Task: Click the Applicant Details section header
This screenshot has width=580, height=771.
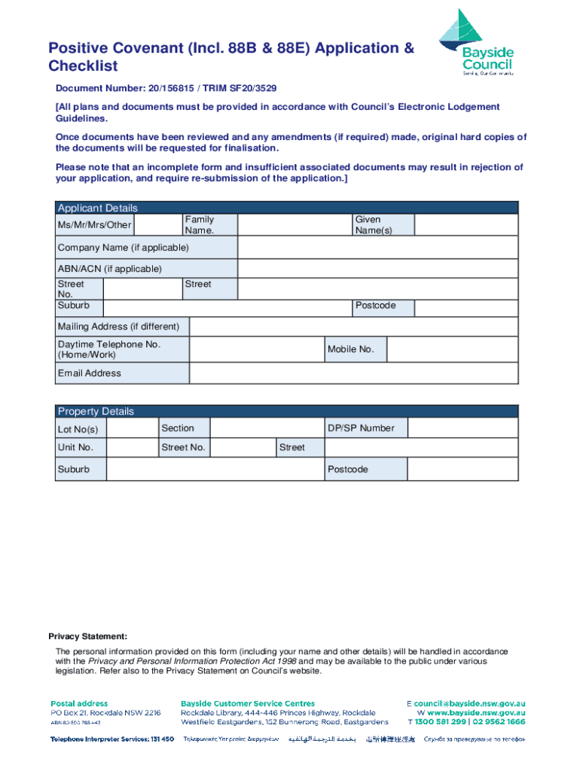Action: [x=98, y=208]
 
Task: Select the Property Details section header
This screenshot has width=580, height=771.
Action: [x=96, y=411]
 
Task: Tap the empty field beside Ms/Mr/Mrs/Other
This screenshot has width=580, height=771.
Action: [x=158, y=224]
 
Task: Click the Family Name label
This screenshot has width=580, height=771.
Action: [x=200, y=224]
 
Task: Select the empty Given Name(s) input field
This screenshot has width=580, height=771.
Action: [x=466, y=224]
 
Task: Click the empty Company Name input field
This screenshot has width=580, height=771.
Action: [x=377, y=248]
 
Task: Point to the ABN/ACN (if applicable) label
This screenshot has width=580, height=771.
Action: [x=110, y=269]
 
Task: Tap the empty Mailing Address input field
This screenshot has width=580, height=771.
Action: [x=353, y=327]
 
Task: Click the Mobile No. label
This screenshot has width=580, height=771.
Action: [x=350, y=349]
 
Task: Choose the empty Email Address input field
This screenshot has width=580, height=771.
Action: [x=353, y=373]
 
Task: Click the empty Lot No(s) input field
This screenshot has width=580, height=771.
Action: [x=132, y=428]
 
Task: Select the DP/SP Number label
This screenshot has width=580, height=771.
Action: [x=360, y=428]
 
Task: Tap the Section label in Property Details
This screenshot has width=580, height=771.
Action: [x=178, y=428]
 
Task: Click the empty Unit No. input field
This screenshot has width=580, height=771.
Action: [x=132, y=447]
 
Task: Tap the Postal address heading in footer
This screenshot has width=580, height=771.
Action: [x=79, y=703]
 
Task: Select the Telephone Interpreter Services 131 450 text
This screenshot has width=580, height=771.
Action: [x=112, y=739]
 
